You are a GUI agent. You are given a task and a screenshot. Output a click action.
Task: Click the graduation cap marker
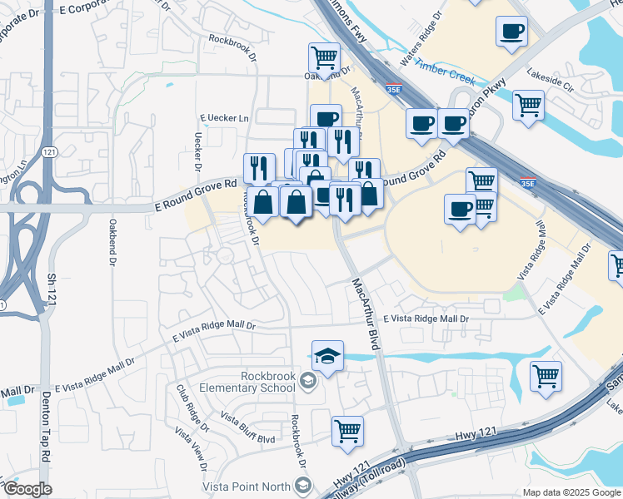point(328,356)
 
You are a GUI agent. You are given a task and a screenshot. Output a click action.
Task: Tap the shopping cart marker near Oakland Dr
point(324,57)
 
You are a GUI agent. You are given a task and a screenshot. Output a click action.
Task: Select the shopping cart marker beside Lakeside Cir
point(528,105)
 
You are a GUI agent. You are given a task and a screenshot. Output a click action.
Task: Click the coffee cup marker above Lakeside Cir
point(511,32)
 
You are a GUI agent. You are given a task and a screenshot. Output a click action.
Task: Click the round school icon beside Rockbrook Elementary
point(308,382)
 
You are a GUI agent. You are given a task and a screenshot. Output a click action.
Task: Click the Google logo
point(27,488)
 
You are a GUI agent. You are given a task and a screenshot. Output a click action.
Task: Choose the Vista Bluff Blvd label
point(247,426)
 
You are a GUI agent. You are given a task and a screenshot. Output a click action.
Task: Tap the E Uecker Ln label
point(224,119)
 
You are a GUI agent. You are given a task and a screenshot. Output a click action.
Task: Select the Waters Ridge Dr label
point(419,50)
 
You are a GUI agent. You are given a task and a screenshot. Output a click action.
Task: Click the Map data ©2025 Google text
point(571,492)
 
